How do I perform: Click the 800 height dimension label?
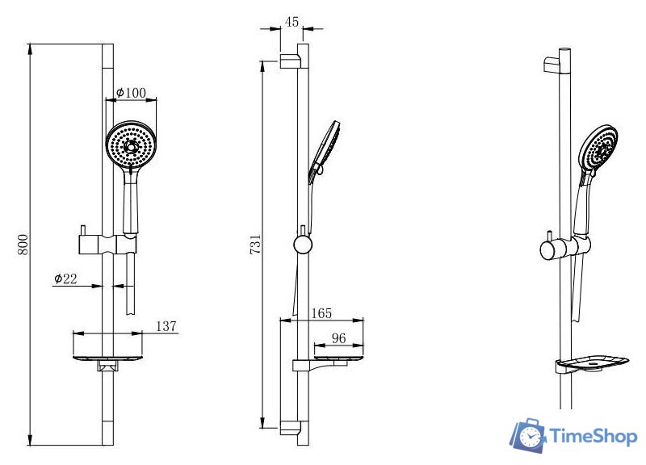tap(23, 245)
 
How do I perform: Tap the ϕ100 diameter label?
tap(131, 93)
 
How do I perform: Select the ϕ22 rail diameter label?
tap(65, 279)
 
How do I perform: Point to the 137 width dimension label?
tap(166, 326)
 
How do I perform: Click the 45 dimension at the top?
tap(292, 22)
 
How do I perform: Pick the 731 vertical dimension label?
tap(255, 244)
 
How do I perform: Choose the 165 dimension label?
tap(321, 313)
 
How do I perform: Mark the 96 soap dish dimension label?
tap(338, 338)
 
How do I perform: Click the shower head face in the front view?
tap(131, 145)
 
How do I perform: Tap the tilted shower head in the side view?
tap(324, 153)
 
